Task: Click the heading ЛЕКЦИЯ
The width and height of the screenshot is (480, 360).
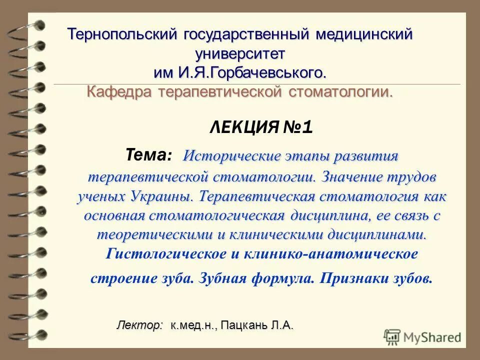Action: [x=243, y=128]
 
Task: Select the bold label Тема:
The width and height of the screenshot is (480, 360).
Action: [x=148, y=155]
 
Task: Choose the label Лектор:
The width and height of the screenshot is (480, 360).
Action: [x=140, y=325]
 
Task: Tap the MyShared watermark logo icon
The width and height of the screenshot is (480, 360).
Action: [x=392, y=336]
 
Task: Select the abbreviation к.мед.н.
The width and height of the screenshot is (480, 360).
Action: [x=193, y=325]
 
